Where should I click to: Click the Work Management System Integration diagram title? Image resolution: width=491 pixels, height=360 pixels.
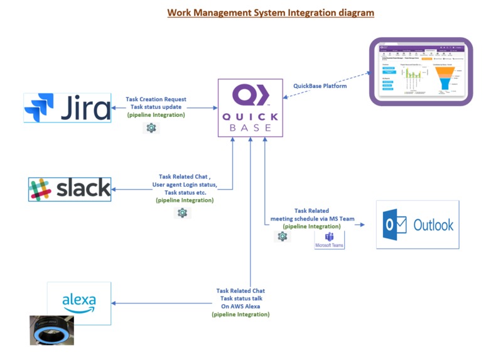tap(271, 12)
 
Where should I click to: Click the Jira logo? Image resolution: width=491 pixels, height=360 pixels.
tap(68, 107)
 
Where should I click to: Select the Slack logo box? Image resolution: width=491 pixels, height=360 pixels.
tap(70, 188)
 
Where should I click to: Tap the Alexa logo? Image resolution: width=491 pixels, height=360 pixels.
tap(79, 303)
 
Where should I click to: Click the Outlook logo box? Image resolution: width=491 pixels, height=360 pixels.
tap(418, 225)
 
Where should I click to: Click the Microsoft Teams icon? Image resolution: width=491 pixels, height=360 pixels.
tap(329, 239)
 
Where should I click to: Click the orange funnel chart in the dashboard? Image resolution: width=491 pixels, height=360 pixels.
tap(445, 78)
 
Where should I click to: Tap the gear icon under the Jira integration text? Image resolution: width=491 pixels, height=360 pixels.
tap(151, 128)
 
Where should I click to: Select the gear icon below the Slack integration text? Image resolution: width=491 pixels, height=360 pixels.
tap(182, 213)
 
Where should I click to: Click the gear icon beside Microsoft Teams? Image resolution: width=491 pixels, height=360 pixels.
tap(283, 236)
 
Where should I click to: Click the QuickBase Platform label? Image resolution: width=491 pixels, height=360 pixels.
tap(320, 86)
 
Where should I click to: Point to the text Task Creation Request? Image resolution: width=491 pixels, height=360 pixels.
tap(156, 99)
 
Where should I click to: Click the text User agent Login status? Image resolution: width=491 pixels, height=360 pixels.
tap(185, 185)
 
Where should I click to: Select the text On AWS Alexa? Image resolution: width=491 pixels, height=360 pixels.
tap(240, 306)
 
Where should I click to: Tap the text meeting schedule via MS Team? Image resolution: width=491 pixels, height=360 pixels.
tap(312, 219)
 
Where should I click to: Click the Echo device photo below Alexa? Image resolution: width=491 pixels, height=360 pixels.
tap(51, 330)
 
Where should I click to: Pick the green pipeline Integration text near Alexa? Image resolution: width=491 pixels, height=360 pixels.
tap(240, 314)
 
